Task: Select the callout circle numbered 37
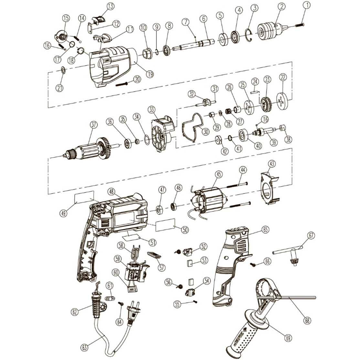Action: [94, 124]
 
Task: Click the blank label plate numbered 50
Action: [165, 225]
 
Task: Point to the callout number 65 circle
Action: [266, 230]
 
